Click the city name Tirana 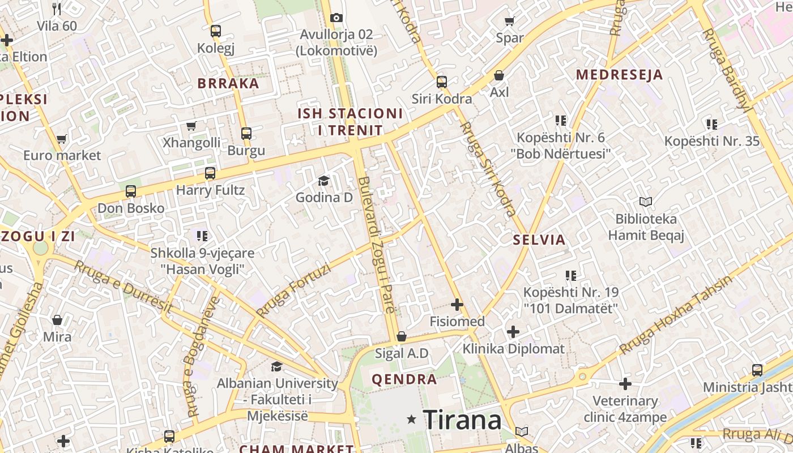point(462,420)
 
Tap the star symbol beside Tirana point(412,420)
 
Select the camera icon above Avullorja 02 point(336,18)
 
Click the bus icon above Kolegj point(215,31)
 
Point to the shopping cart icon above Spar point(509,22)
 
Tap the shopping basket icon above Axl point(499,75)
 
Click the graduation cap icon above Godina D point(323,181)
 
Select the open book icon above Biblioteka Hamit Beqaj point(646,202)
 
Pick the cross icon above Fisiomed point(457,305)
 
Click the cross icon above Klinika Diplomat point(513,331)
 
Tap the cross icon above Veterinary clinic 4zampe point(625,384)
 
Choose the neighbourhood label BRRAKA point(228,84)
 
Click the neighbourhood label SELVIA point(539,240)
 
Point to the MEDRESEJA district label point(619,75)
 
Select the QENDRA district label point(404,379)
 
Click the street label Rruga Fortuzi point(293,290)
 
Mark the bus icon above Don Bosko point(131,191)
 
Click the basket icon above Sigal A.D point(402,336)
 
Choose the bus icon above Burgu point(246,134)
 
